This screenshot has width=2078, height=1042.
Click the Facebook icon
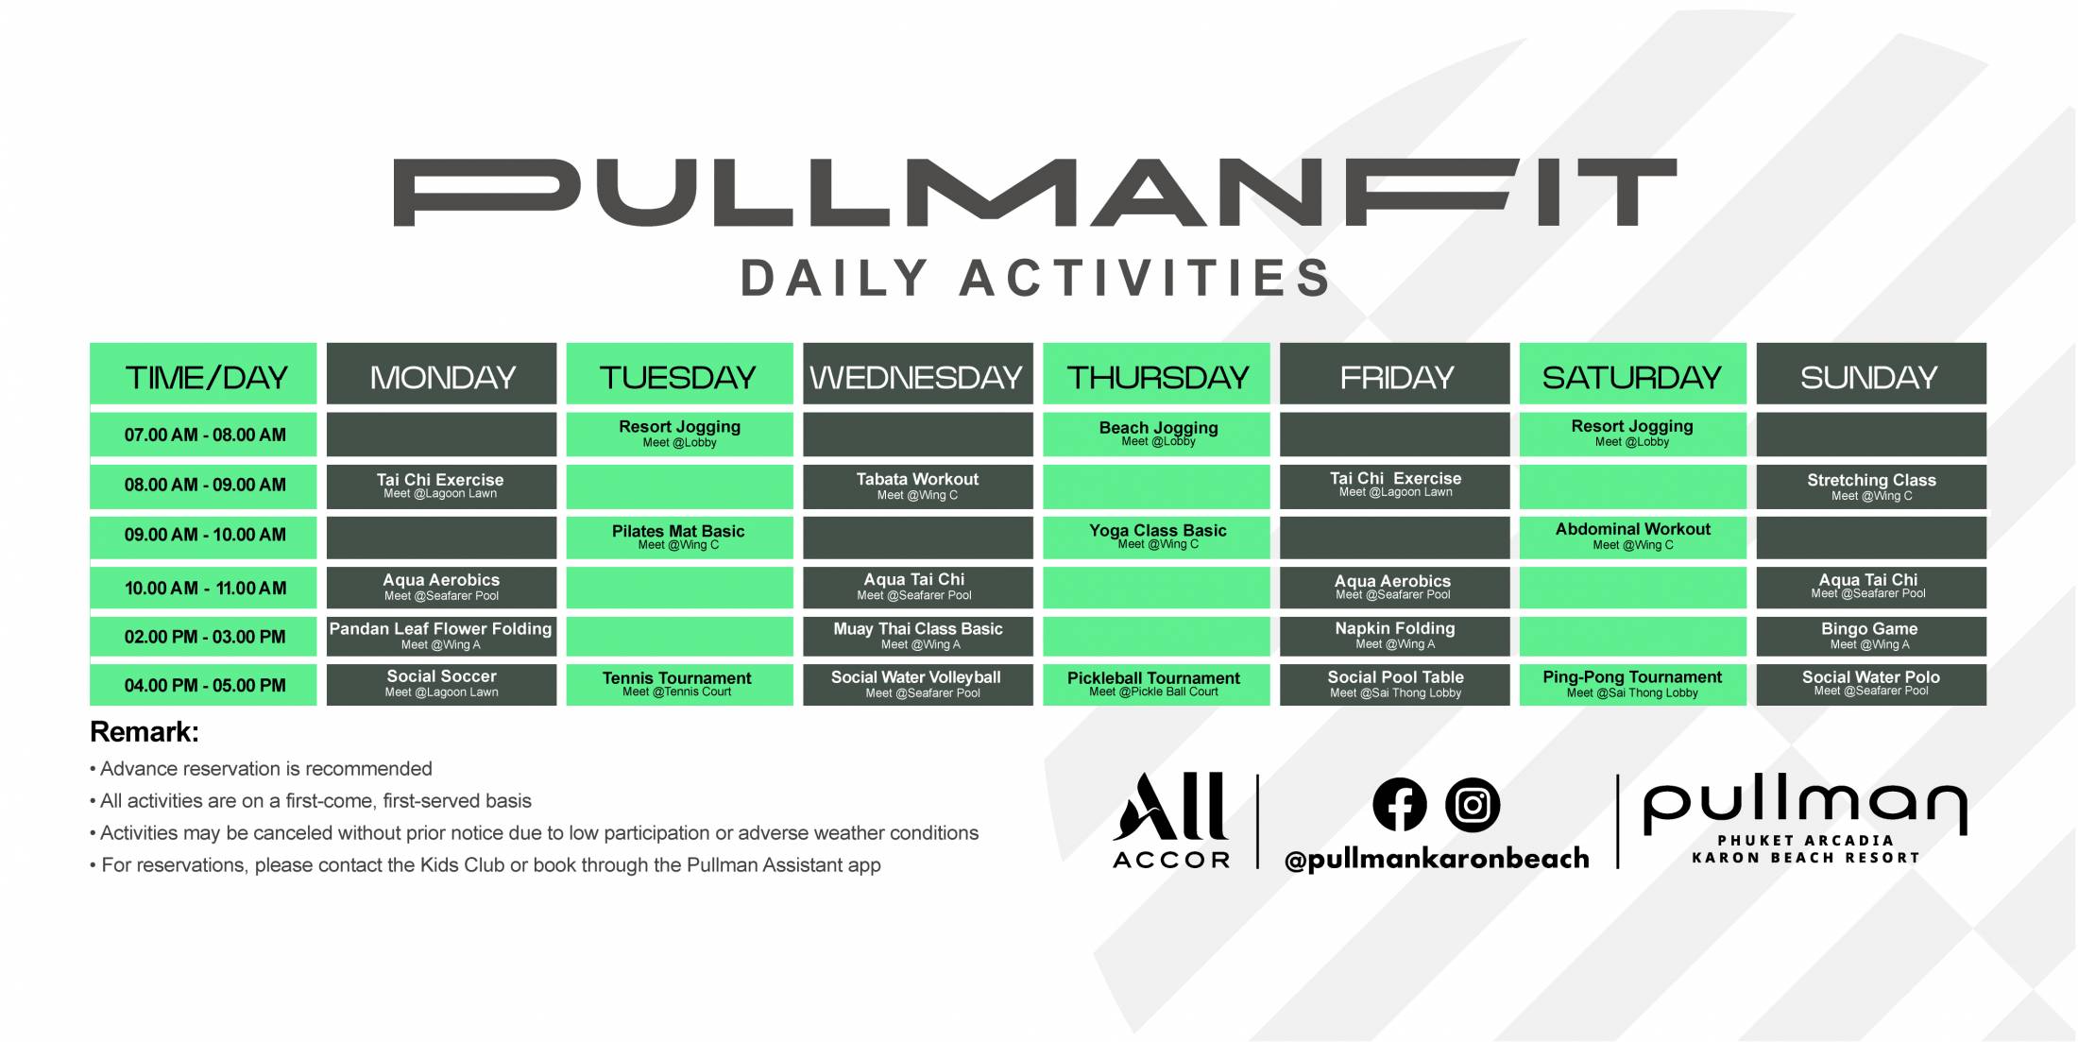click(x=1399, y=804)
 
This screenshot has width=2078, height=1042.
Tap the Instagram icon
click(x=1473, y=804)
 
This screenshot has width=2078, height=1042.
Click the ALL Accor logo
click(x=1172, y=819)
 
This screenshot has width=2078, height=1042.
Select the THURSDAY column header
click(x=1156, y=374)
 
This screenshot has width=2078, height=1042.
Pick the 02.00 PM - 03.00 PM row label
click(x=203, y=636)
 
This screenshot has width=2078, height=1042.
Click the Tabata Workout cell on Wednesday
click(x=917, y=486)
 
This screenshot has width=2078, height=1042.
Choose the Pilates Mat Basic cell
click(x=679, y=537)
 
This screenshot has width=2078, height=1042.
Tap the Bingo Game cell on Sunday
click(x=1870, y=636)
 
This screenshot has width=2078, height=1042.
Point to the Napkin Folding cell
click(x=1394, y=636)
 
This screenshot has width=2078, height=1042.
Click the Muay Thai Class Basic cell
click(x=917, y=636)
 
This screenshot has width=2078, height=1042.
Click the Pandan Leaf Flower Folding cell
click(x=441, y=636)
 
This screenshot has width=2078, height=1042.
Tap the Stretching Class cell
click(x=1870, y=486)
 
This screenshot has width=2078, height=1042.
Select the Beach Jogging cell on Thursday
click(x=1156, y=434)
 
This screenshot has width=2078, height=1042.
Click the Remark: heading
click(x=144, y=732)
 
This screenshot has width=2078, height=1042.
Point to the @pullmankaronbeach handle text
click(x=1437, y=858)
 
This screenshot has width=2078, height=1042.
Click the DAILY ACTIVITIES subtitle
click(x=1036, y=278)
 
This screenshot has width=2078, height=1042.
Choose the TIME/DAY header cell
click(x=203, y=374)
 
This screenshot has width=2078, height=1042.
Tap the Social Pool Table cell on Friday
click(x=1394, y=684)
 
